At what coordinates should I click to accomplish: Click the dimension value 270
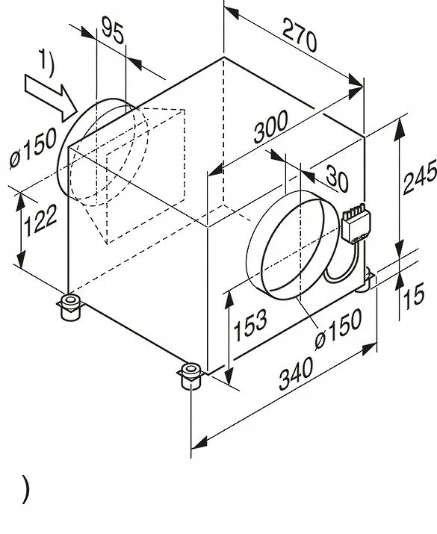300,35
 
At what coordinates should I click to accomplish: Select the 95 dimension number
112,31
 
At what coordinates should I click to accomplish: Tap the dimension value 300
270,127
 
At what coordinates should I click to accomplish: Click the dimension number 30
337,178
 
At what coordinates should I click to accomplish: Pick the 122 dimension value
40,220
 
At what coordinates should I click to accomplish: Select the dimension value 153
250,325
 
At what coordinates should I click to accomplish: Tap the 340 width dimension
296,373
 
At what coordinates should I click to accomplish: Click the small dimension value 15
413,296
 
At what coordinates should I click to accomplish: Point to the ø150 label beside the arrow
34,148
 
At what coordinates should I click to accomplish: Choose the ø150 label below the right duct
338,329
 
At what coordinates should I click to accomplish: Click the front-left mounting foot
70,307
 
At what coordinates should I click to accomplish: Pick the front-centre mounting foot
191,376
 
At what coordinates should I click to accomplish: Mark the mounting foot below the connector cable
365,276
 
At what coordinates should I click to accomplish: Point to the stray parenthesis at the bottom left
25,489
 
